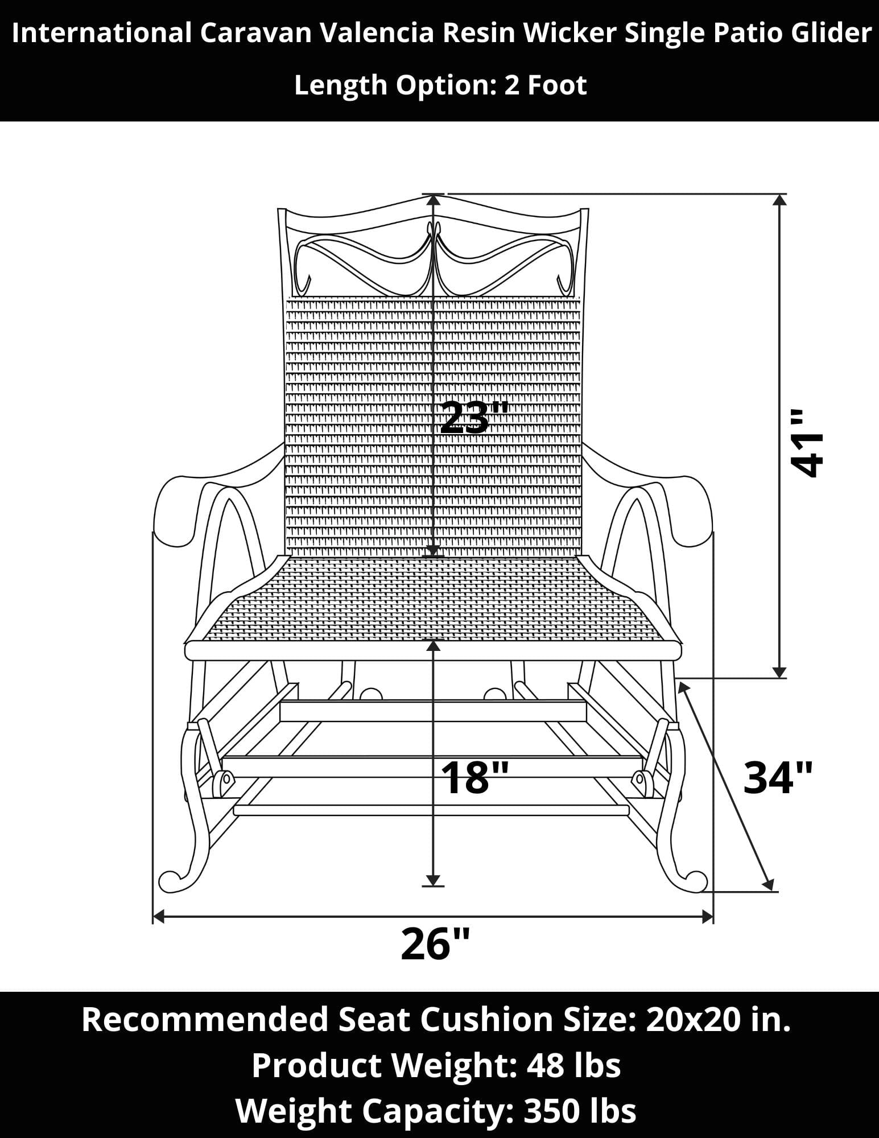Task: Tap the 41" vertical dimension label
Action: tap(807, 442)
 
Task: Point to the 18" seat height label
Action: tap(474, 778)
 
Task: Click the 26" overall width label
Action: tap(435, 944)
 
